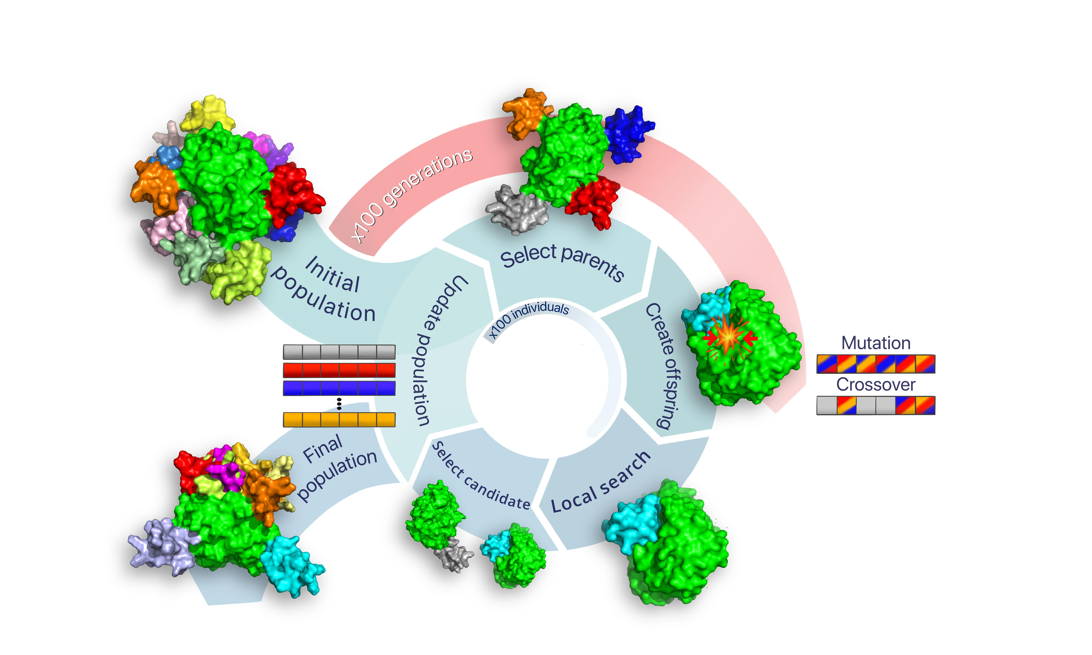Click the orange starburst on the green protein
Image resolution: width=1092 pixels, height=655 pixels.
(x=729, y=338)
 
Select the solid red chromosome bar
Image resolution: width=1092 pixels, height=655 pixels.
(x=339, y=370)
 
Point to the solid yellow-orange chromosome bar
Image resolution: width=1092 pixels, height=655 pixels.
(x=339, y=419)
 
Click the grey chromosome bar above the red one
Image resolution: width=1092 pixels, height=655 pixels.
(x=339, y=352)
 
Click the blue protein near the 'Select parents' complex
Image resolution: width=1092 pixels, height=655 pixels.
(x=627, y=132)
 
